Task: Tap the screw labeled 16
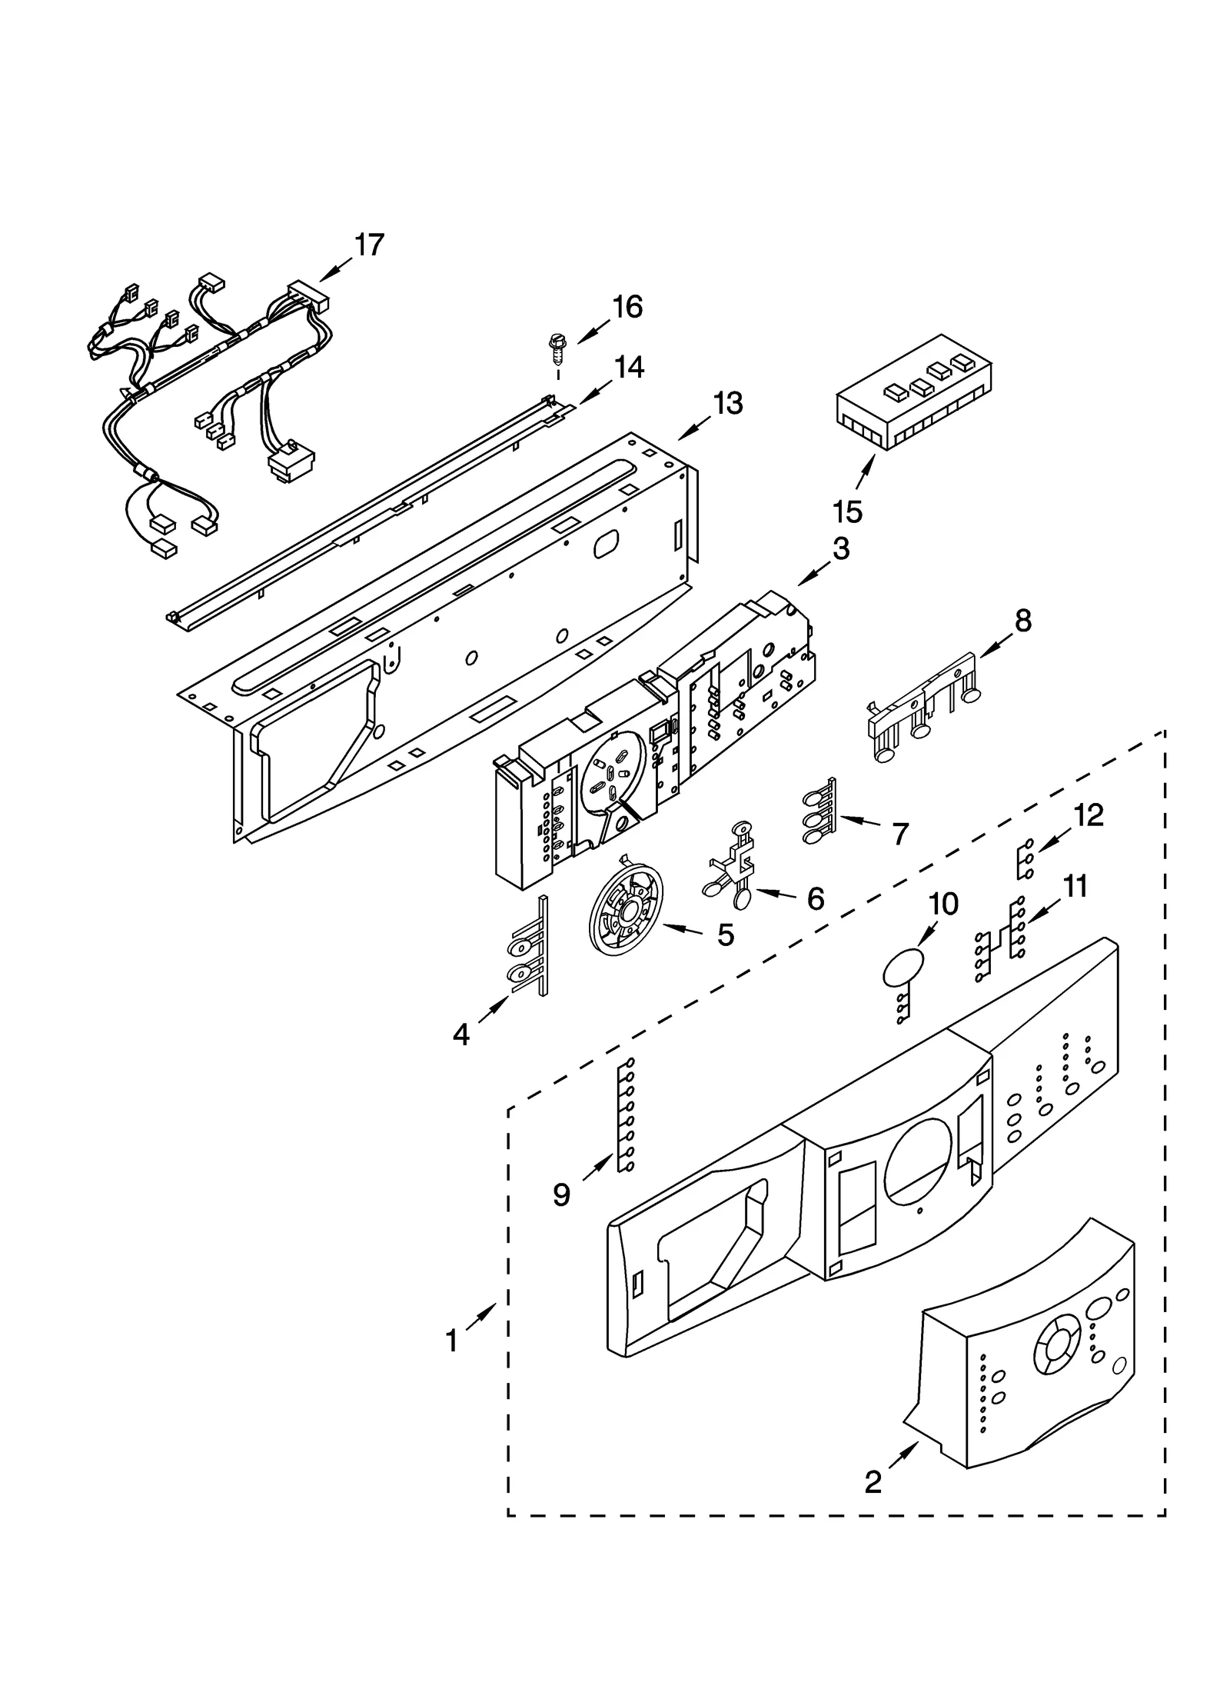click(554, 351)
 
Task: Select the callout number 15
click(847, 511)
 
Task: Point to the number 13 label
click(727, 403)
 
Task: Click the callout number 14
click(628, 367)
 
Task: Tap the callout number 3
click(841, 549)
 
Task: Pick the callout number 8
click(1022, 620)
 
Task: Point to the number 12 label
click(1089, 815)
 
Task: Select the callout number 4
click(460, 1034)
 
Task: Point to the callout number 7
click(899, 833)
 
